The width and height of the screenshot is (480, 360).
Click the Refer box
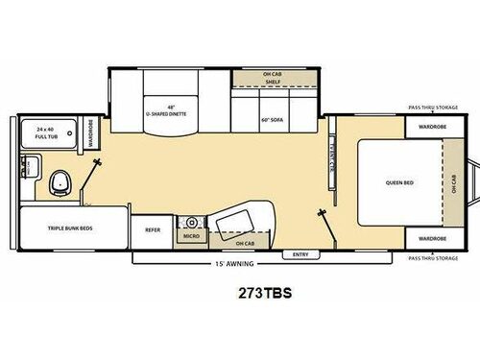153,229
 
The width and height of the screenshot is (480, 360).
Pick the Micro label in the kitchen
191,235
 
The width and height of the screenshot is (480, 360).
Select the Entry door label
300,253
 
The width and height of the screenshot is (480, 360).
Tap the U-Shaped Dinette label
165,112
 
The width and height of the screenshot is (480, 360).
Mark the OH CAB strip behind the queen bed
454,182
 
